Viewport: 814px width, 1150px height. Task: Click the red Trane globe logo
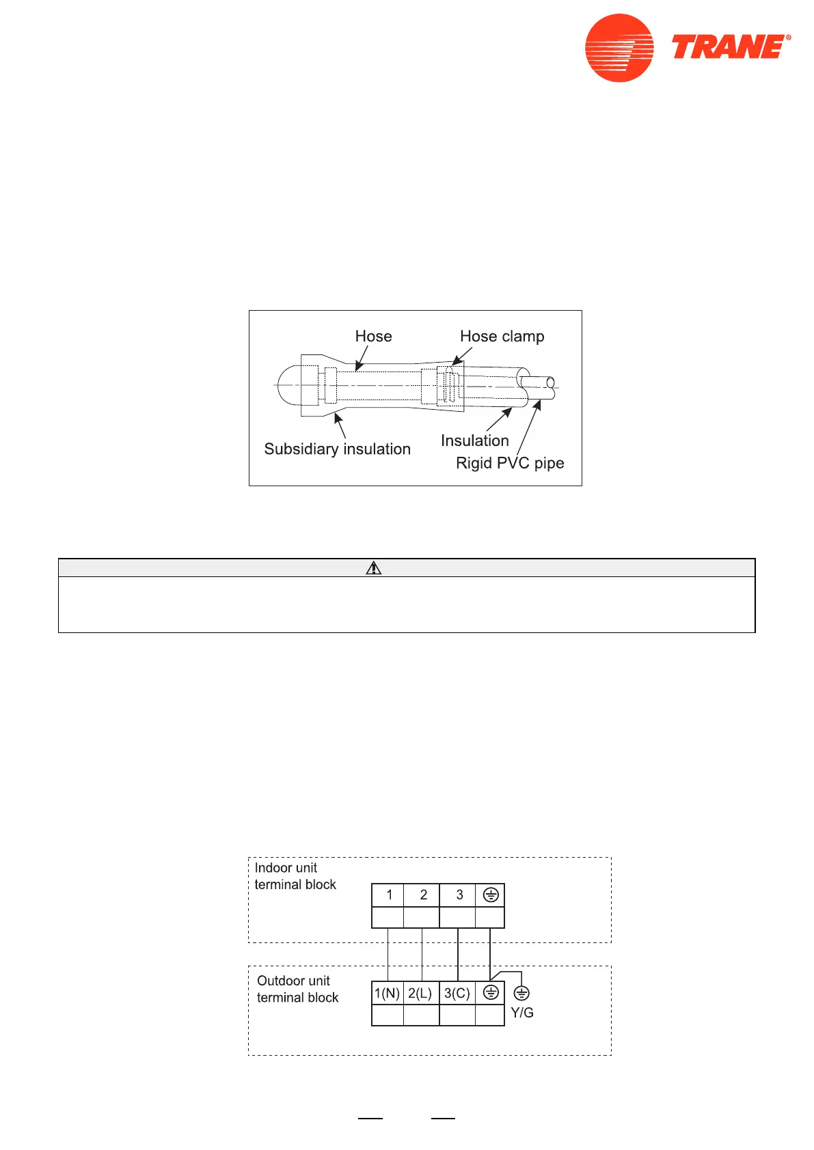point(619,48)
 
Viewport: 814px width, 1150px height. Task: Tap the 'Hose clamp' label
point(502,336)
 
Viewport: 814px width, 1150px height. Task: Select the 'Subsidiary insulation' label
point(337,449)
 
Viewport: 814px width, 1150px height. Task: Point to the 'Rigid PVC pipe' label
point(510,463)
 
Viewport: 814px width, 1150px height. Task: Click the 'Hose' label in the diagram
point(373,336)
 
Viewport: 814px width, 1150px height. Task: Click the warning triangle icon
point(373,567)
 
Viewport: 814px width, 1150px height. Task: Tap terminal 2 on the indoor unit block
point(423,895)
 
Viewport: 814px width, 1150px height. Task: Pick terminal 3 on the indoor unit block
point(459,895)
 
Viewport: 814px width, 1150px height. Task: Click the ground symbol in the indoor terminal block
point(491,895)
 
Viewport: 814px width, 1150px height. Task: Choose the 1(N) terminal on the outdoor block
point(387,993)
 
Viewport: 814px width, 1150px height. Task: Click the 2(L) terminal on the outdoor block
point(420,993)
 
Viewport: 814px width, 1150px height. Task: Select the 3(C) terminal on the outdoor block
point(457,993)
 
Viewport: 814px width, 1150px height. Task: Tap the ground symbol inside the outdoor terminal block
point(491,993)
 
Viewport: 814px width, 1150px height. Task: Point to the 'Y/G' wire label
point(522,1013)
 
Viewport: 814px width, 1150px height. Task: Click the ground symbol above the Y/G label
point(521,993)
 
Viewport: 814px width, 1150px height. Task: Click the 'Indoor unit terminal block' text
point(295,876)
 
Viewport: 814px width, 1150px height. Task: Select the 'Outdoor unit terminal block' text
point(297,989)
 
